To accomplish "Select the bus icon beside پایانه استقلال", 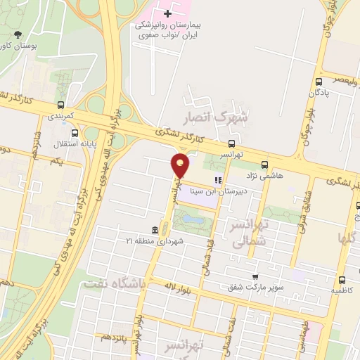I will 75,132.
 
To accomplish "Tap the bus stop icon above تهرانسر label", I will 233,141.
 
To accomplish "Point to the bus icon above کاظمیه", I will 342,278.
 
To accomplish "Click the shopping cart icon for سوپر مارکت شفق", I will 255,277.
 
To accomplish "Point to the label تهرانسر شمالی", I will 250,233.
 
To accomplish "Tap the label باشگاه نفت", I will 113,283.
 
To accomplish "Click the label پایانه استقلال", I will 60,144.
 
